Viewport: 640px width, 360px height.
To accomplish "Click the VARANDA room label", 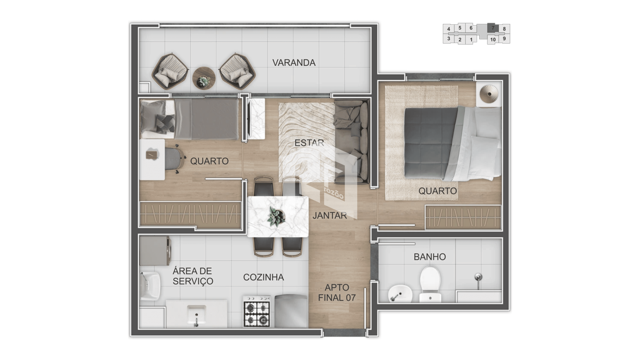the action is pos(294,63).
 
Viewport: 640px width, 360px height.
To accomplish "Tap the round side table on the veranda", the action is pos(204,78).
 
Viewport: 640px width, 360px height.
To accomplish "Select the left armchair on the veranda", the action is pos(170,71).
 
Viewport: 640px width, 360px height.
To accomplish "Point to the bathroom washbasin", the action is pos(400,294).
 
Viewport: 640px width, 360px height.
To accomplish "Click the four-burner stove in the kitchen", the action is pos(256,311).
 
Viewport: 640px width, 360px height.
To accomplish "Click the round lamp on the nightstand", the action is pos(489,94).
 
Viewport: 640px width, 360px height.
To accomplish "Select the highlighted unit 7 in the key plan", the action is pos(493,28).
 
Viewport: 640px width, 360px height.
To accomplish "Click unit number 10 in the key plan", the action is pos(493,40).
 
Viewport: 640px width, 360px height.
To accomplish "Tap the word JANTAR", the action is pos(330,216).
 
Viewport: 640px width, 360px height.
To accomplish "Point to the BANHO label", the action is pos(430,257).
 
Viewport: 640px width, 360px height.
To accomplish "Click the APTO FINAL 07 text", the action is pos(337,293).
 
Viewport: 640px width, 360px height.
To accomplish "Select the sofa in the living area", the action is pos(352,142).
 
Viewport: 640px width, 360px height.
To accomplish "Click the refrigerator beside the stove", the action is pos(291,311).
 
